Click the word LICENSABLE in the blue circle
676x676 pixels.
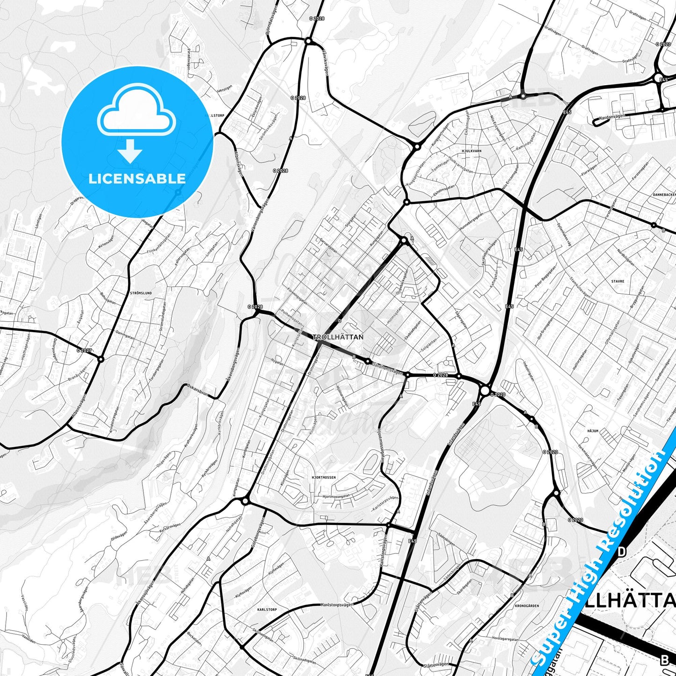[137, 179]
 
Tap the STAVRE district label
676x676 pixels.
[618, 282]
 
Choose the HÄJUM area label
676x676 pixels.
[593, 431]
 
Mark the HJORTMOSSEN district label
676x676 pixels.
[323, 478]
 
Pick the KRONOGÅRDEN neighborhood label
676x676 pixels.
[526, 606]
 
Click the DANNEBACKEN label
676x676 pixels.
[664, 195]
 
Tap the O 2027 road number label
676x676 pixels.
[85, 350]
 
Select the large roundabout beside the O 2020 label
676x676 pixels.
[485, 390]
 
